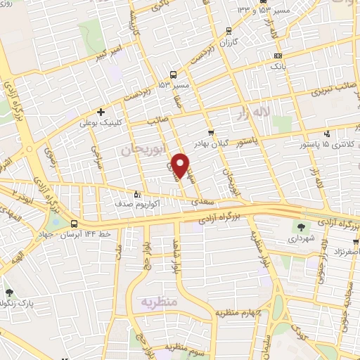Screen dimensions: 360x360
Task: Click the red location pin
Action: (x=182, y=165)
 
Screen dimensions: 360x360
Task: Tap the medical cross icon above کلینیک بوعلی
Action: (x=102, y=112)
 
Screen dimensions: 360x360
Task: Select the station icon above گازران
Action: (x=228, y=31)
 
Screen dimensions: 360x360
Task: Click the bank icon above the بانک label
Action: (x=278, y=55)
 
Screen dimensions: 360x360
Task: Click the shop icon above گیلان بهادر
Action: (x=211, y=132)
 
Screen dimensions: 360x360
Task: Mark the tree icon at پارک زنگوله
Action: (x=10, y=293)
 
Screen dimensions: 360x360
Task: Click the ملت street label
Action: (x=120, y=250)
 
